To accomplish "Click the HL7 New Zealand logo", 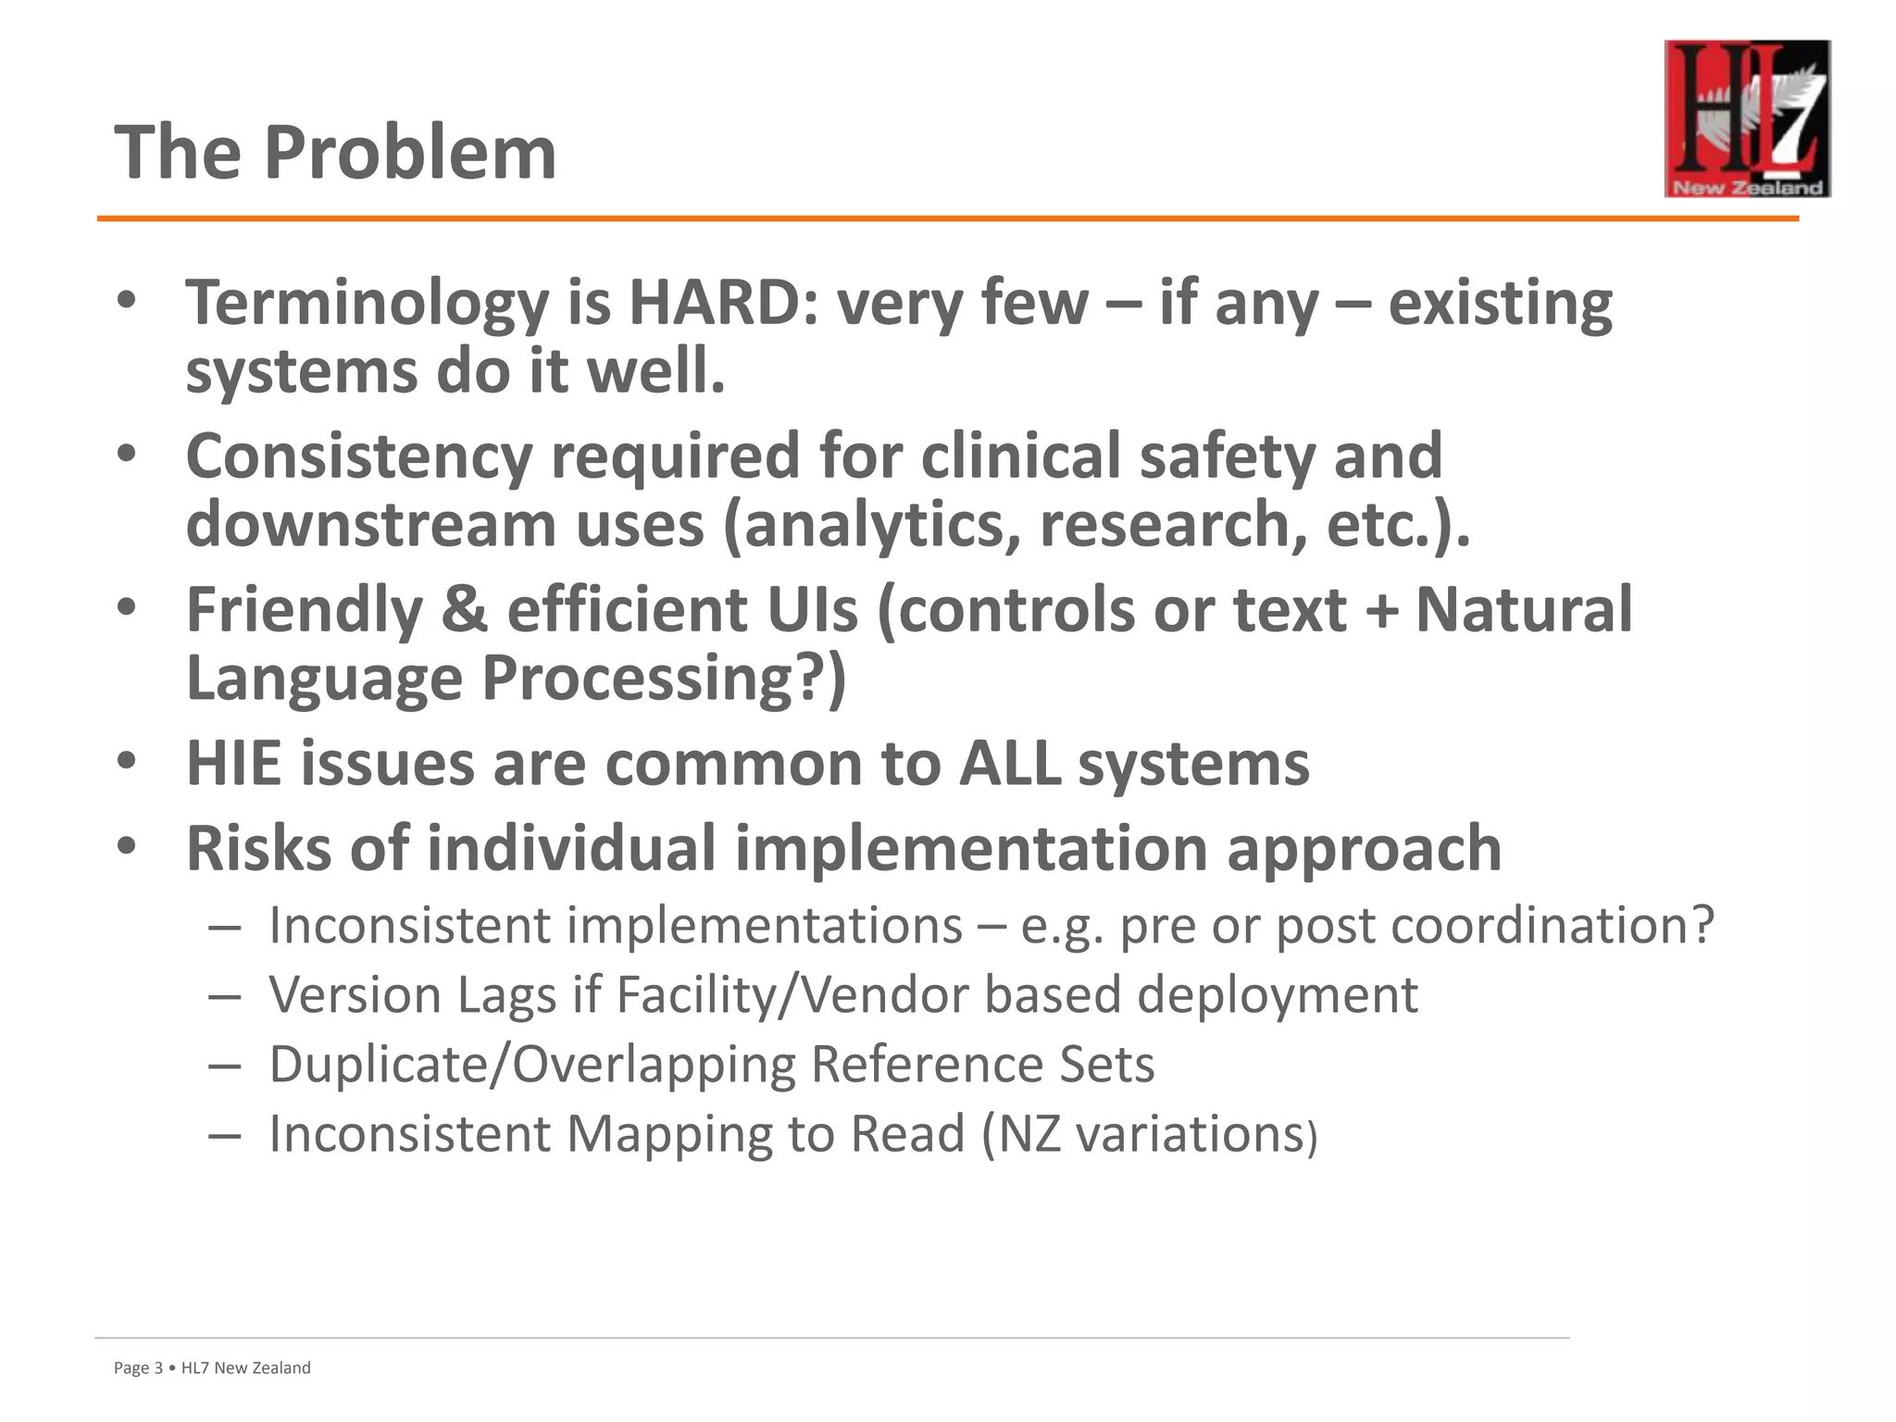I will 1746,118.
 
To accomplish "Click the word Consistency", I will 359,457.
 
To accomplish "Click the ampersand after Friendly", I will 464,610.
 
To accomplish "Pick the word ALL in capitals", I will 1010,764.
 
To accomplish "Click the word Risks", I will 258,848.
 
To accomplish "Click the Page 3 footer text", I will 138,1368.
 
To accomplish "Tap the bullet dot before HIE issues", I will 127,761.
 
